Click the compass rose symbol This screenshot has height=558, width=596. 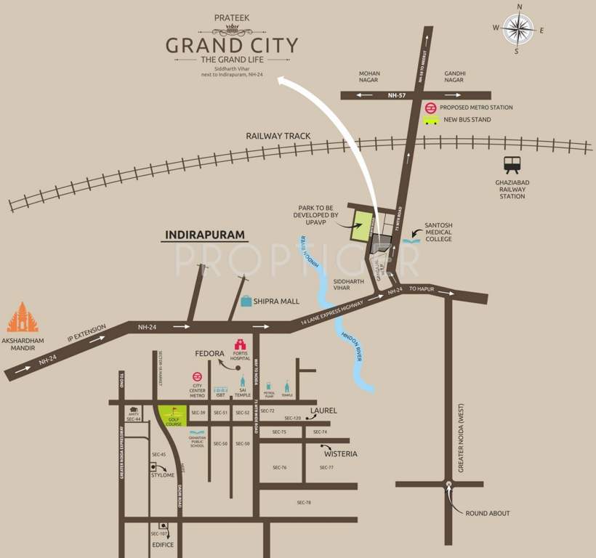pyautogui.click(x=519, y=29)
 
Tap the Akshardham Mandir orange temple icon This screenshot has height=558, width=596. pyautogui.click(x=23, y=318)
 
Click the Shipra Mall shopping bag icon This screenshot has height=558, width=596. pyautogui.click(x=246, y=301)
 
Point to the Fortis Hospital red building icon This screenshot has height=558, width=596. pyautogui.click(x=240, y=344)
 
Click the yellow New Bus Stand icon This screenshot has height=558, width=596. pyautogui.click(x=431, y=120)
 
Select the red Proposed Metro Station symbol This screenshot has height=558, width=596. pyautogui.click(x=431, y=107)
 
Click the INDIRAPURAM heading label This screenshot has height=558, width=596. pyautogui.click(x=206, y=235)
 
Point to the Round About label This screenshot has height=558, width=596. pyautogui.click(x=488, y=513)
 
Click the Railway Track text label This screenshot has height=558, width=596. pyautogui.click(x=278, y=136)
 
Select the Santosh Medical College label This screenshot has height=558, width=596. pyautogui.click(x=439, y=232)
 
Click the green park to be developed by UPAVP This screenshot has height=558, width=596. pyautogui.click(x=361, y=226)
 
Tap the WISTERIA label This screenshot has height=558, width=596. pyautogui.click(x=341, y=453)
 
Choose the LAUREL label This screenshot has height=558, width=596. pyautogui.click(x=323, y=411)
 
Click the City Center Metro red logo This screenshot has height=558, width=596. pyautogui.click(x=197, y=376)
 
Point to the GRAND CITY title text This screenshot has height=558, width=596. pyautogui.click(x=232, y=46)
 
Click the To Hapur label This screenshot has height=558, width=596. pyautogui.click(x=422, y=288)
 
